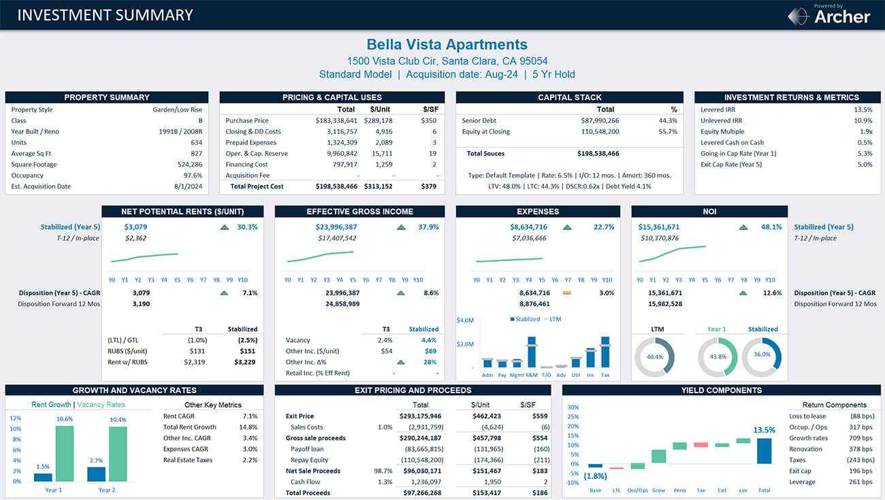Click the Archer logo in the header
pos(829,15)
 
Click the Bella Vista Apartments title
pos(447,45)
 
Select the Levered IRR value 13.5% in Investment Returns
pos(863,110)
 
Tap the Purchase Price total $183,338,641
pos(336,120)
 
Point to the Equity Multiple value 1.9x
pos(865,131)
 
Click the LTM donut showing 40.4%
pos(654,357)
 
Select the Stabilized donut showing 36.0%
pos(762,356)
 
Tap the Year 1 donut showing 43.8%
pos(717,357)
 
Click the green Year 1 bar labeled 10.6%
pos(65,454)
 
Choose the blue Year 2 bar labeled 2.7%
pos(97,474)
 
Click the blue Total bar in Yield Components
pos(764,451)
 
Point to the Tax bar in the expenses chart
pos(605,352)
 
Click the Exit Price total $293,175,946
pos(421,416)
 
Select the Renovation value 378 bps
pos(860,449)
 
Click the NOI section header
pos(709,212)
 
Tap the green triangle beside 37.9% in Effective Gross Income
pos(402,227)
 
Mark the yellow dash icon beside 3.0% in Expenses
pos(566,293)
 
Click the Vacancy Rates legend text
pos(101,405)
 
